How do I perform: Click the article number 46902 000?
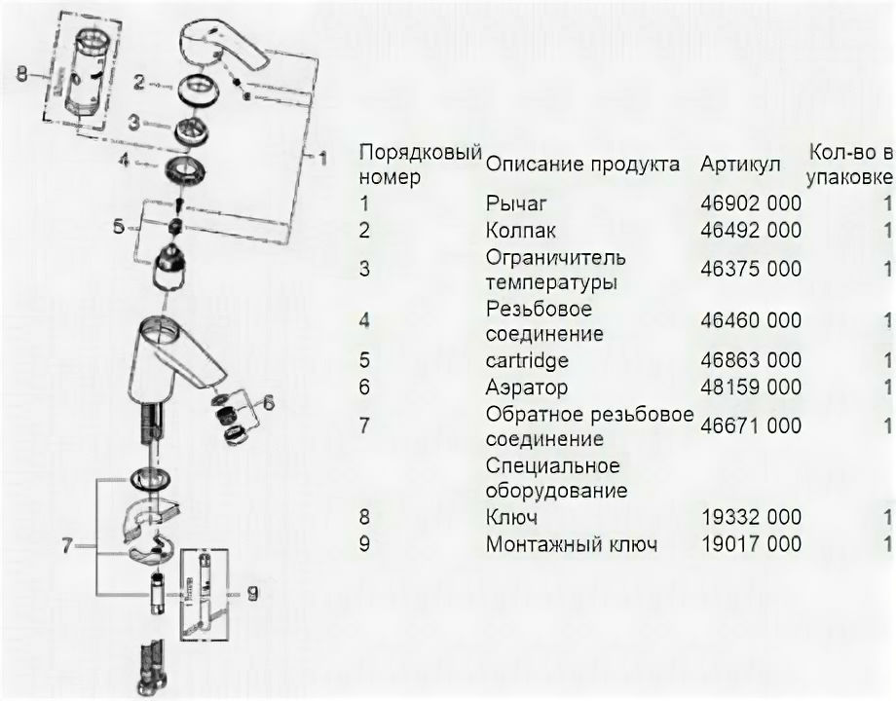pyautogui.click(x=750, y=204)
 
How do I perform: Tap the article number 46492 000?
pyautogui.click(x=750, y=231)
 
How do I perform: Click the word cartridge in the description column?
pyautogui.click(x=527, y=361)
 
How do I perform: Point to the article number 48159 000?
pyautogui.click(x=750, y=387)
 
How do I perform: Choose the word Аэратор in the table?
pyautogui.click(x=526, y=387)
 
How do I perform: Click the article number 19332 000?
pyautogui.click(x=750, y=517)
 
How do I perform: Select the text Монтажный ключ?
pyautogui.click(x=572, y=543)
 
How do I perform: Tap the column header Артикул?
pyautogui.click(x=740, y=165)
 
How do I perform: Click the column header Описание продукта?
pyautogui.click(x=582, y=165)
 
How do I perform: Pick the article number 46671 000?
pyautogui.click(x=750, y=426)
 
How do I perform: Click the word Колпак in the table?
pyautogui.click(x=520, y=231)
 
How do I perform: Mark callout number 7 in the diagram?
pyautogui.click(x=69, y=545)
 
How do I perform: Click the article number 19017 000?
pyautogui.click(x=750, y=543)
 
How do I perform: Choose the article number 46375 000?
pyautogui.click(x=750, y=270)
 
